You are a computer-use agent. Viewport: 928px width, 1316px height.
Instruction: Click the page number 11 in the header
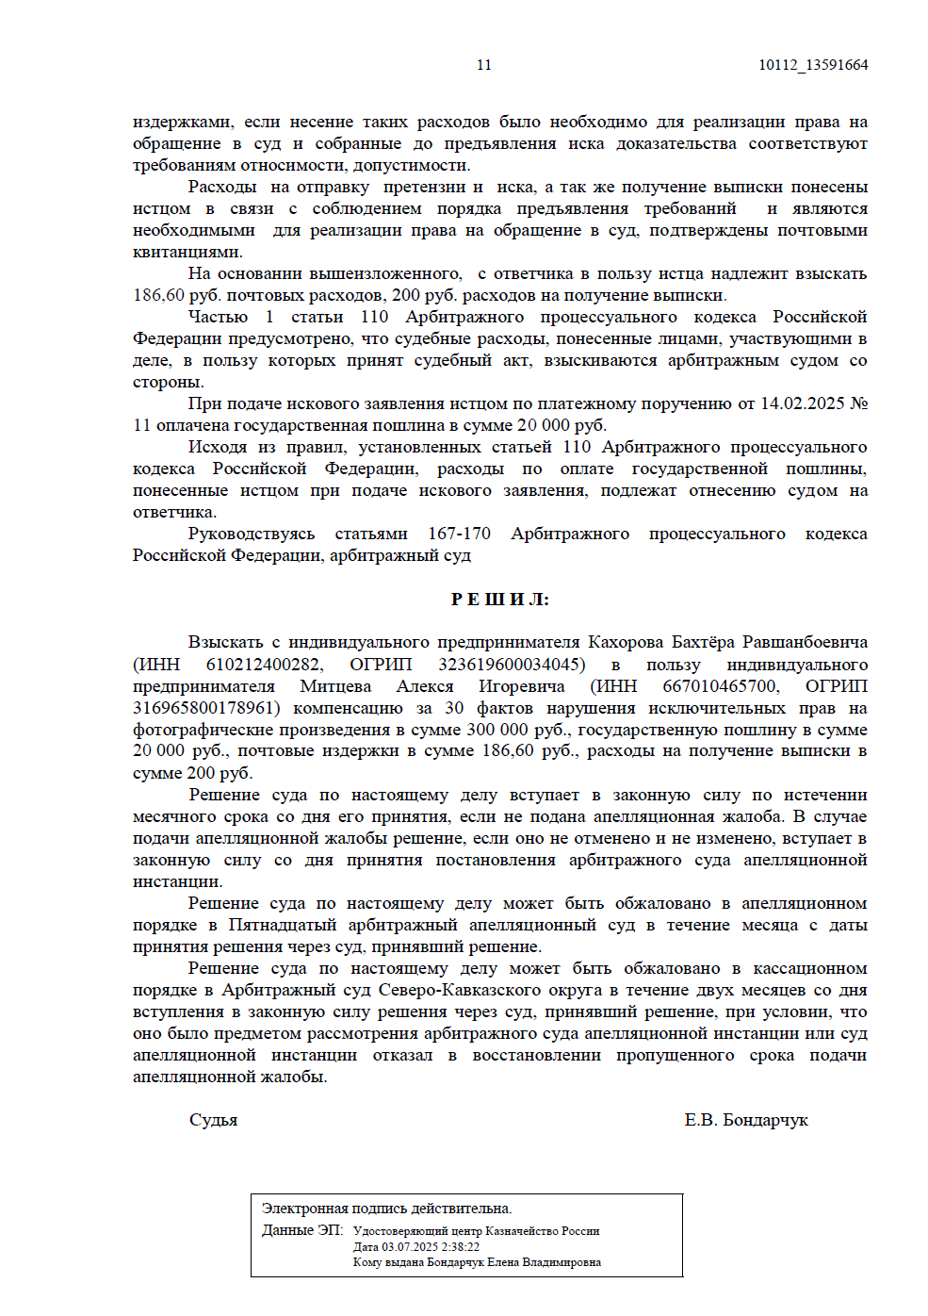(x=483, y=65)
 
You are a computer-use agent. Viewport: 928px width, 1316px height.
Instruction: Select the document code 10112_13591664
(x=812, y=65)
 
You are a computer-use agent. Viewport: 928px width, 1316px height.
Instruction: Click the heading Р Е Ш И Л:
(x=499, y=600)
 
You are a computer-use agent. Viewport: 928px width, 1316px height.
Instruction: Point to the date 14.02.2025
(x=802, y=403)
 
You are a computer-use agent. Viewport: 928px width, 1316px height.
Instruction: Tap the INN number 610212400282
(x=264, y=665)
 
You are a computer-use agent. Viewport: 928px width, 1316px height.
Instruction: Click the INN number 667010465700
(x=720, y=686)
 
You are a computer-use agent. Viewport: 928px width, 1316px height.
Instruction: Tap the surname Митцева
(x=335, y=686)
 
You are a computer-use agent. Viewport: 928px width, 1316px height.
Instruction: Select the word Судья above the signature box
(x=213, y=1120)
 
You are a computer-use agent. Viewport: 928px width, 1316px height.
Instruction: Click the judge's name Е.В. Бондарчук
(x=745, y=1120)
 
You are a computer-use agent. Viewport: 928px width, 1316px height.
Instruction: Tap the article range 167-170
(x=459, y=534)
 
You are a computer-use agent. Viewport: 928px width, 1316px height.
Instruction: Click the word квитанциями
(x=187, y=252)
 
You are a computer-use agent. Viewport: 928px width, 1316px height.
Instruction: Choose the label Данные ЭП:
(x=302, y=1230)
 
